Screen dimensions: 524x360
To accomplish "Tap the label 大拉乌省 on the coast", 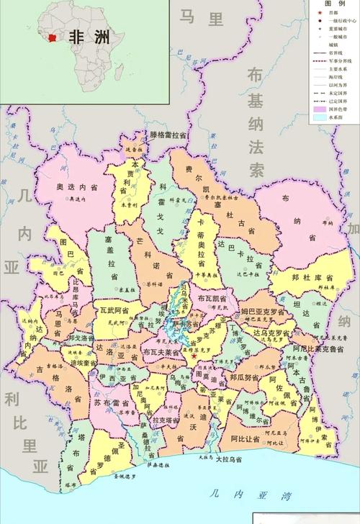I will point(228,458).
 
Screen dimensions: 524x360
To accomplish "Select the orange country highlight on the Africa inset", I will point(53,36).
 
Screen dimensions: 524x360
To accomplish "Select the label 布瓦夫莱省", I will point(161,352).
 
